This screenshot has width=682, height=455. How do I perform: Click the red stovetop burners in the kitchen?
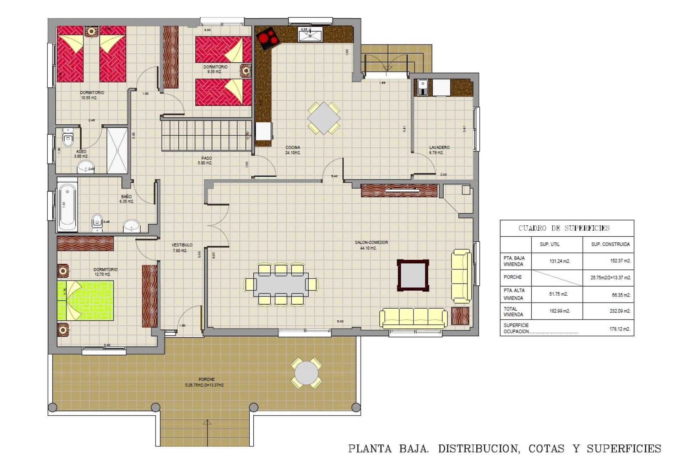pyautogui.click(x=268, y=38)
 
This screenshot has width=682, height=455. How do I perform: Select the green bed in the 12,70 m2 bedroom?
pyautogui.click(x=86, y=300)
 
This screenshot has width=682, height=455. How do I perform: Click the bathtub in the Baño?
pyautogui.click(x=67, y=207)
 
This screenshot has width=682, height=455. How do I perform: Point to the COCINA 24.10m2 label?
pyautogui.click(x=293, y=150)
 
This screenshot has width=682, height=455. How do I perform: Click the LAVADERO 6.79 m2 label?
pyautogui.click(x=439, y=150)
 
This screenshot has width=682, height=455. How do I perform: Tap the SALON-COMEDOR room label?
pyautogui.click(x=371, y=245)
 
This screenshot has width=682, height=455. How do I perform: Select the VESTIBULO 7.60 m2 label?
pyautogui.click(x=182, y=247)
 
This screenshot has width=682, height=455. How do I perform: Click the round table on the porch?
pyautogui.click(x=306, y=373)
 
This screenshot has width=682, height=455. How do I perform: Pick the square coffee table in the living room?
pyautogui.click(x=413, y=275)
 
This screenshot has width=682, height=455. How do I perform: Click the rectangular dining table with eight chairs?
pyautogui.click(x=281, y=284)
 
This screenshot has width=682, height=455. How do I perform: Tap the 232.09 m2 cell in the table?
pyautogui.click(x=620, y=311)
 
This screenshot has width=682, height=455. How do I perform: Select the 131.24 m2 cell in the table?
pyautogui.click(x=559, y=261)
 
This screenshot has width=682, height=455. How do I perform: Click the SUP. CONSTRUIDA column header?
pyautogui.click(x=610, y=244)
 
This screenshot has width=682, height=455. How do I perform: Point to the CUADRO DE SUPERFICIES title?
pyautogui.click(x=564, y=228)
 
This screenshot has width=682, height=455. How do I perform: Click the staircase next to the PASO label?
pyautogui.click(x=206, y=135)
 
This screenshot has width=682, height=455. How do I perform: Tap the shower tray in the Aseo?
pyautogui.click(x=117, y=151)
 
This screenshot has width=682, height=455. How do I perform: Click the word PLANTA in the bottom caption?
pyautogui.click(x=370, y=449)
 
